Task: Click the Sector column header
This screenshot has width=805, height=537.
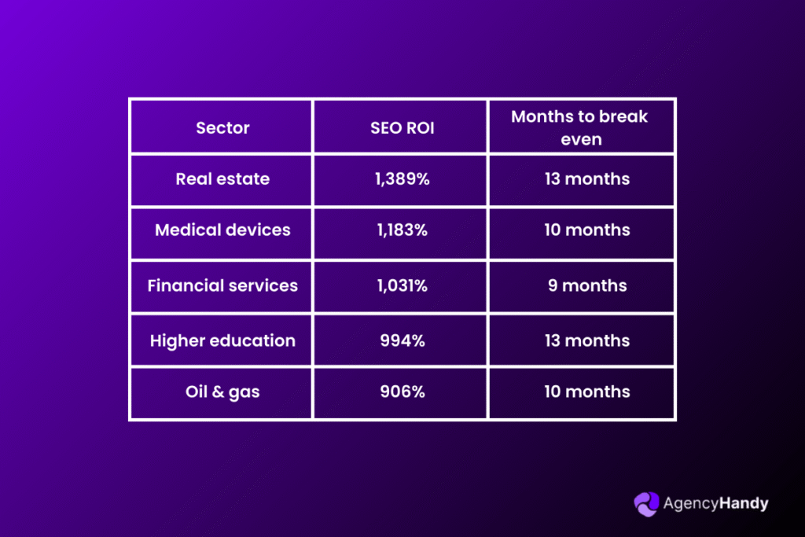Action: click(x=222, y=128)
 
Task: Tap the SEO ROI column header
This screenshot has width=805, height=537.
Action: click(x=402, y=128)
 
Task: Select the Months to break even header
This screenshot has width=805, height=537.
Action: click(x=580, y=128)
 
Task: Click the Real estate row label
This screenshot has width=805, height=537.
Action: click(x=222, y=179)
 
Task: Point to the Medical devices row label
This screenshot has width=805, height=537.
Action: click(x=222, y=230)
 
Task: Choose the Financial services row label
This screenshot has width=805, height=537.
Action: click(x=222, y=285)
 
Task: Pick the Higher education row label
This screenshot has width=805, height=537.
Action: click(x=222, y=341)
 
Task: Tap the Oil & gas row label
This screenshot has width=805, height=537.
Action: click(x=222, y=392)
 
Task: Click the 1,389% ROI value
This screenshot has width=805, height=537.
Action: click(x=402, y=179)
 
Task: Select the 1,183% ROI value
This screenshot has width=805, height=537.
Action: click(x=402, y=230)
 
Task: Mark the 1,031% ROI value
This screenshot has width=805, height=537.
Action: click(x=402, y=285)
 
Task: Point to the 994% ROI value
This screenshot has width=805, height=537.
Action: click(x=402, y=341)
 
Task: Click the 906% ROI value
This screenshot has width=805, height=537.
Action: click(x=402, y=392)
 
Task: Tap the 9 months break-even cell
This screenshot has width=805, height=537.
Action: click(x=587, y=285)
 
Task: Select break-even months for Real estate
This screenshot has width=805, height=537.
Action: click(x=587, y=179)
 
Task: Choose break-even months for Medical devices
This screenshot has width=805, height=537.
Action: click(x=587, y=230)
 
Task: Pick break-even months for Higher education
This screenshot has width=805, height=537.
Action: click(x=587, y=341)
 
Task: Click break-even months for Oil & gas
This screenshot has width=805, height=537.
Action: click(x=587, y=392)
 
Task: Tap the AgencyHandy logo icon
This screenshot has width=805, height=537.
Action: click(x=646, y=504)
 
